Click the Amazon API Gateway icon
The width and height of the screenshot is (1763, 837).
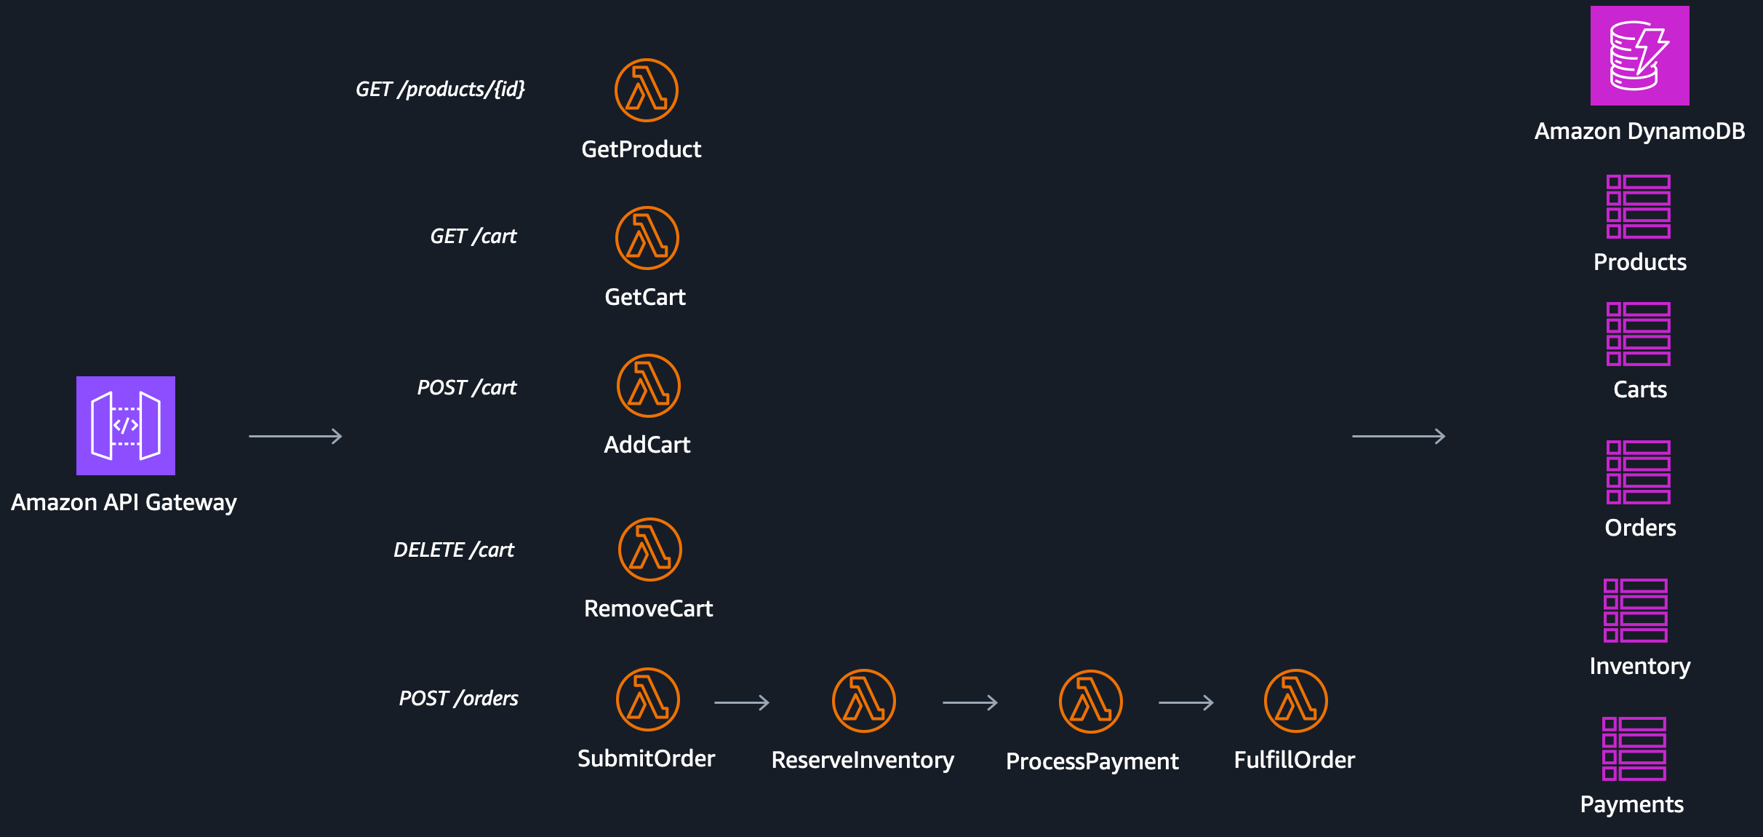pyautogui.click(x=126, y=426)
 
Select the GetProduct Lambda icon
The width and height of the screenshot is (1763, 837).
pyautogui.click(x=647, y=90)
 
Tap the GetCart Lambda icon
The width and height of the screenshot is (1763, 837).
pyautogui.click(x=647, y=238)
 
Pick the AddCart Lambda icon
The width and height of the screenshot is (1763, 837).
pyautogui.click(x=649, y=386)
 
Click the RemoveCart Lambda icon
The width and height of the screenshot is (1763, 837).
pyautogui.click(x=650, y=550)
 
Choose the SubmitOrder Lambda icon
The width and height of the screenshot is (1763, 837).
pyautogui.click(x=648, y=699)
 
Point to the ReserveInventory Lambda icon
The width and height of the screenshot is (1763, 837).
pyautogui.click(x=864, y=701)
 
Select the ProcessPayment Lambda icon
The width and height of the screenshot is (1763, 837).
pyautogui.click(x=1091, y=702)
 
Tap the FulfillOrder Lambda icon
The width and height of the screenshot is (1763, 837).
pyautogui.click(x=1296, y=701)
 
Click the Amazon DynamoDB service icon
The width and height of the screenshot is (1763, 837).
pyautogui.click(x=1640, y=56)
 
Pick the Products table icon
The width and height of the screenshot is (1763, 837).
pyautogui.click(x=1639, y=207)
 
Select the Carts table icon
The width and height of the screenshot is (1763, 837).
pyautogui.click(x=1639, y=334)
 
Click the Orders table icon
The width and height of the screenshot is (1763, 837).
pyautogui.click(x=1639, y=472)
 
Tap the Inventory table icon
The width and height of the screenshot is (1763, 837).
pyautogui.click(x=1636, y=611)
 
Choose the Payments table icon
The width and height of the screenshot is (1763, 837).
pyautogui.click(x=1634, y=749)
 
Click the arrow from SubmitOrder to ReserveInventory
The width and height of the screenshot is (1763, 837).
pyautogui.click(x=742, y=702)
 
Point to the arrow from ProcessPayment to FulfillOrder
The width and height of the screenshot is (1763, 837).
pyautogui.click(x=1186, y=702)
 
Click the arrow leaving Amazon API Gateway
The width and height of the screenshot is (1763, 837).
pyautogui.click(x=295, y=436)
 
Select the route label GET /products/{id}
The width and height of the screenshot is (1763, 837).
pyautogui.click(x=440, y=89)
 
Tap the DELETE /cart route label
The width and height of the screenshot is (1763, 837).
pyautogui.click(x=454, y=550)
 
